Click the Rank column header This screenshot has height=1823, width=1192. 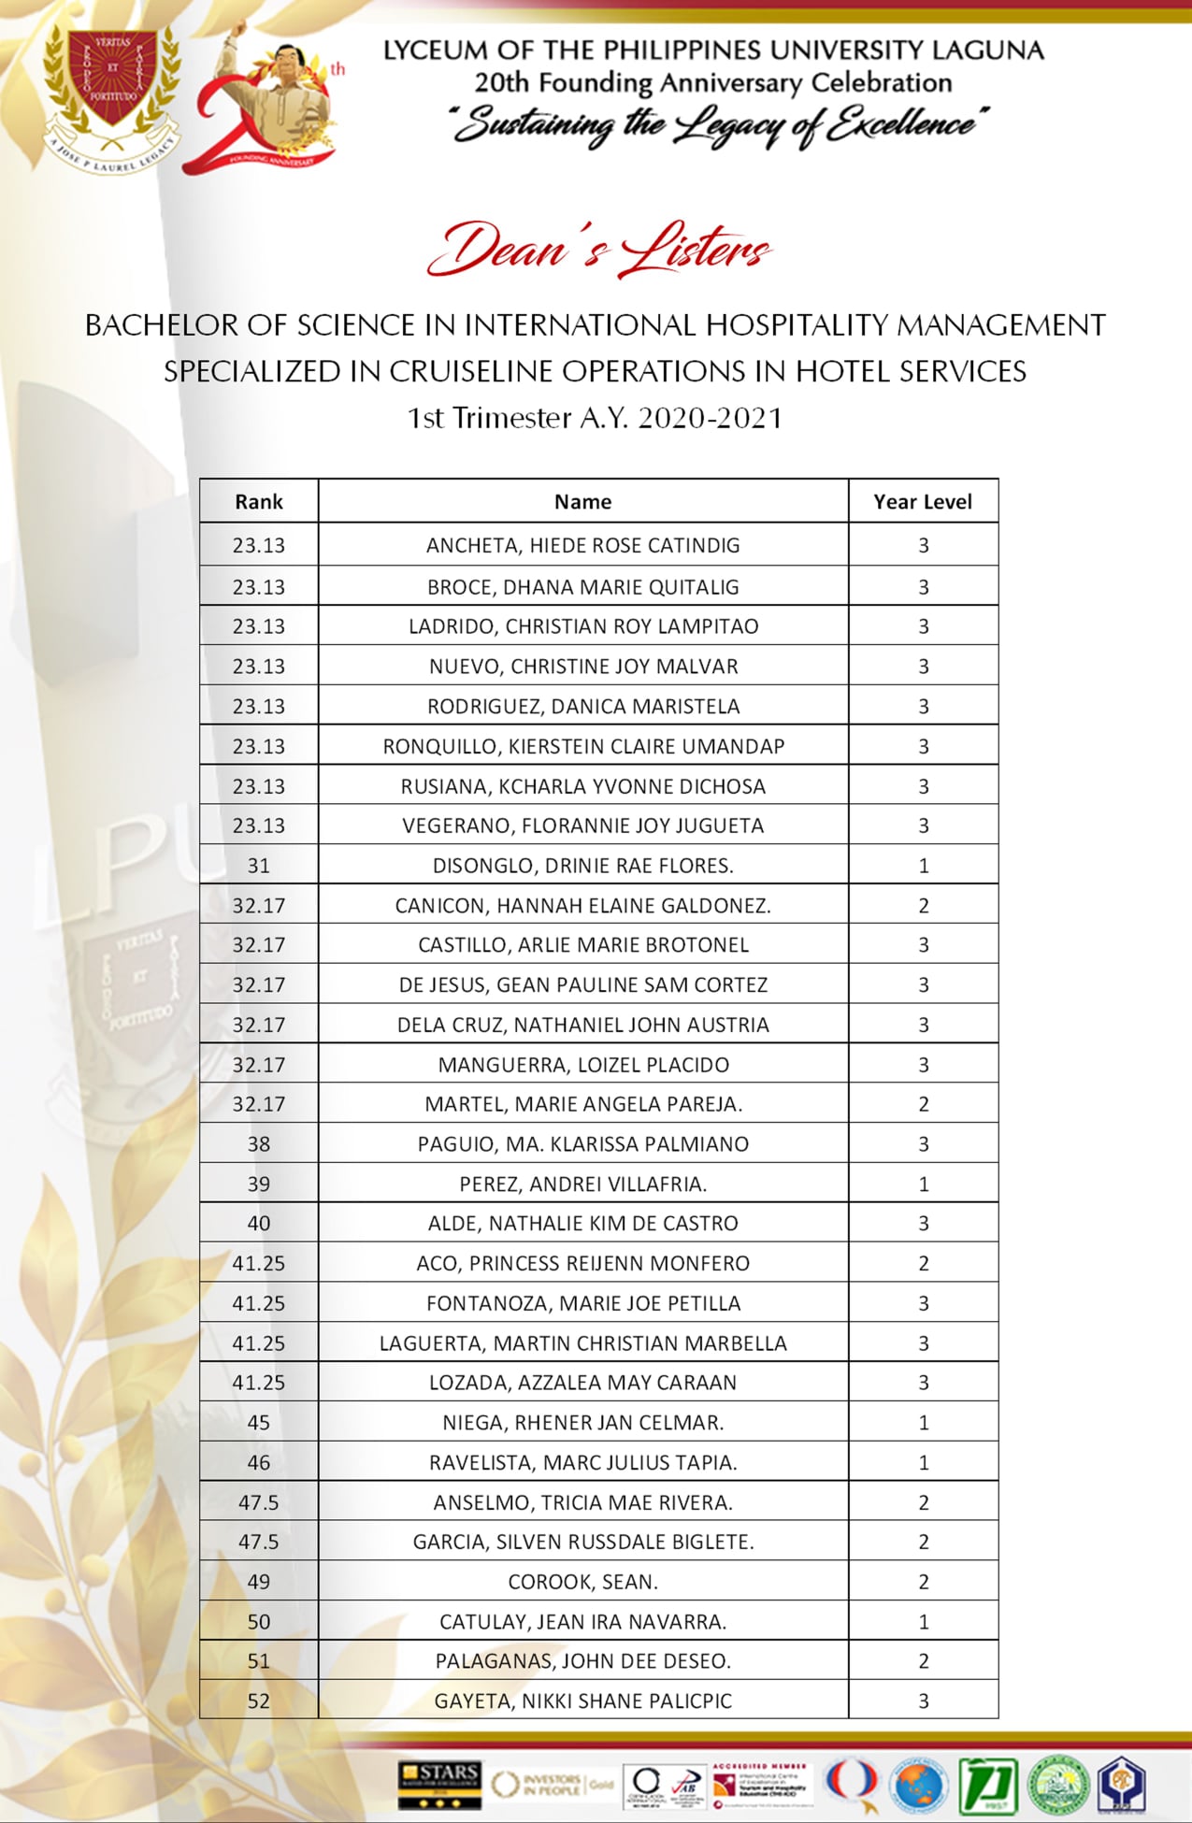click(258, 502)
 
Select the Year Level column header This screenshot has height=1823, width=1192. click(923, 502)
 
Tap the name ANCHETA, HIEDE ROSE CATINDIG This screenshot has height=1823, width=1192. click(582, 545)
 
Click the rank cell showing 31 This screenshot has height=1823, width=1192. click(258, 866)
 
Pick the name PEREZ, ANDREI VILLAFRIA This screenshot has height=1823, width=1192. click(582, 1184)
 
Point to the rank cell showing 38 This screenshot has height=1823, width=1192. click(258, 1144)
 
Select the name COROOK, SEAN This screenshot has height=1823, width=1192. click(582, 1582)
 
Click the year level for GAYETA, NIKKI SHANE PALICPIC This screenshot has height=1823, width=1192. click(923, 1701)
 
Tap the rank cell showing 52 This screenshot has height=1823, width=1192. click(258, 1701)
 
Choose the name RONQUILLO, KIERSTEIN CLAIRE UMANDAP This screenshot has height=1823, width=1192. click(582, 746)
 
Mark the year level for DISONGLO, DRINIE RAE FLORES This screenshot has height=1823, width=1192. click(923, 866)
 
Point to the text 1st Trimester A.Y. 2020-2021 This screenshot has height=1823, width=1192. click(595, 417)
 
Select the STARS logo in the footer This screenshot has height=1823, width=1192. click(438, 1784)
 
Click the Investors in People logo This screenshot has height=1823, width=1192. click(550, 1784)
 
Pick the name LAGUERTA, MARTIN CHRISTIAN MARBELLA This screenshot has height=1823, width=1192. click(582, 1343)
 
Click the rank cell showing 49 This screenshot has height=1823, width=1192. click(258, 1582)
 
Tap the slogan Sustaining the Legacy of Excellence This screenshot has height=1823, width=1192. click(718, 124)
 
